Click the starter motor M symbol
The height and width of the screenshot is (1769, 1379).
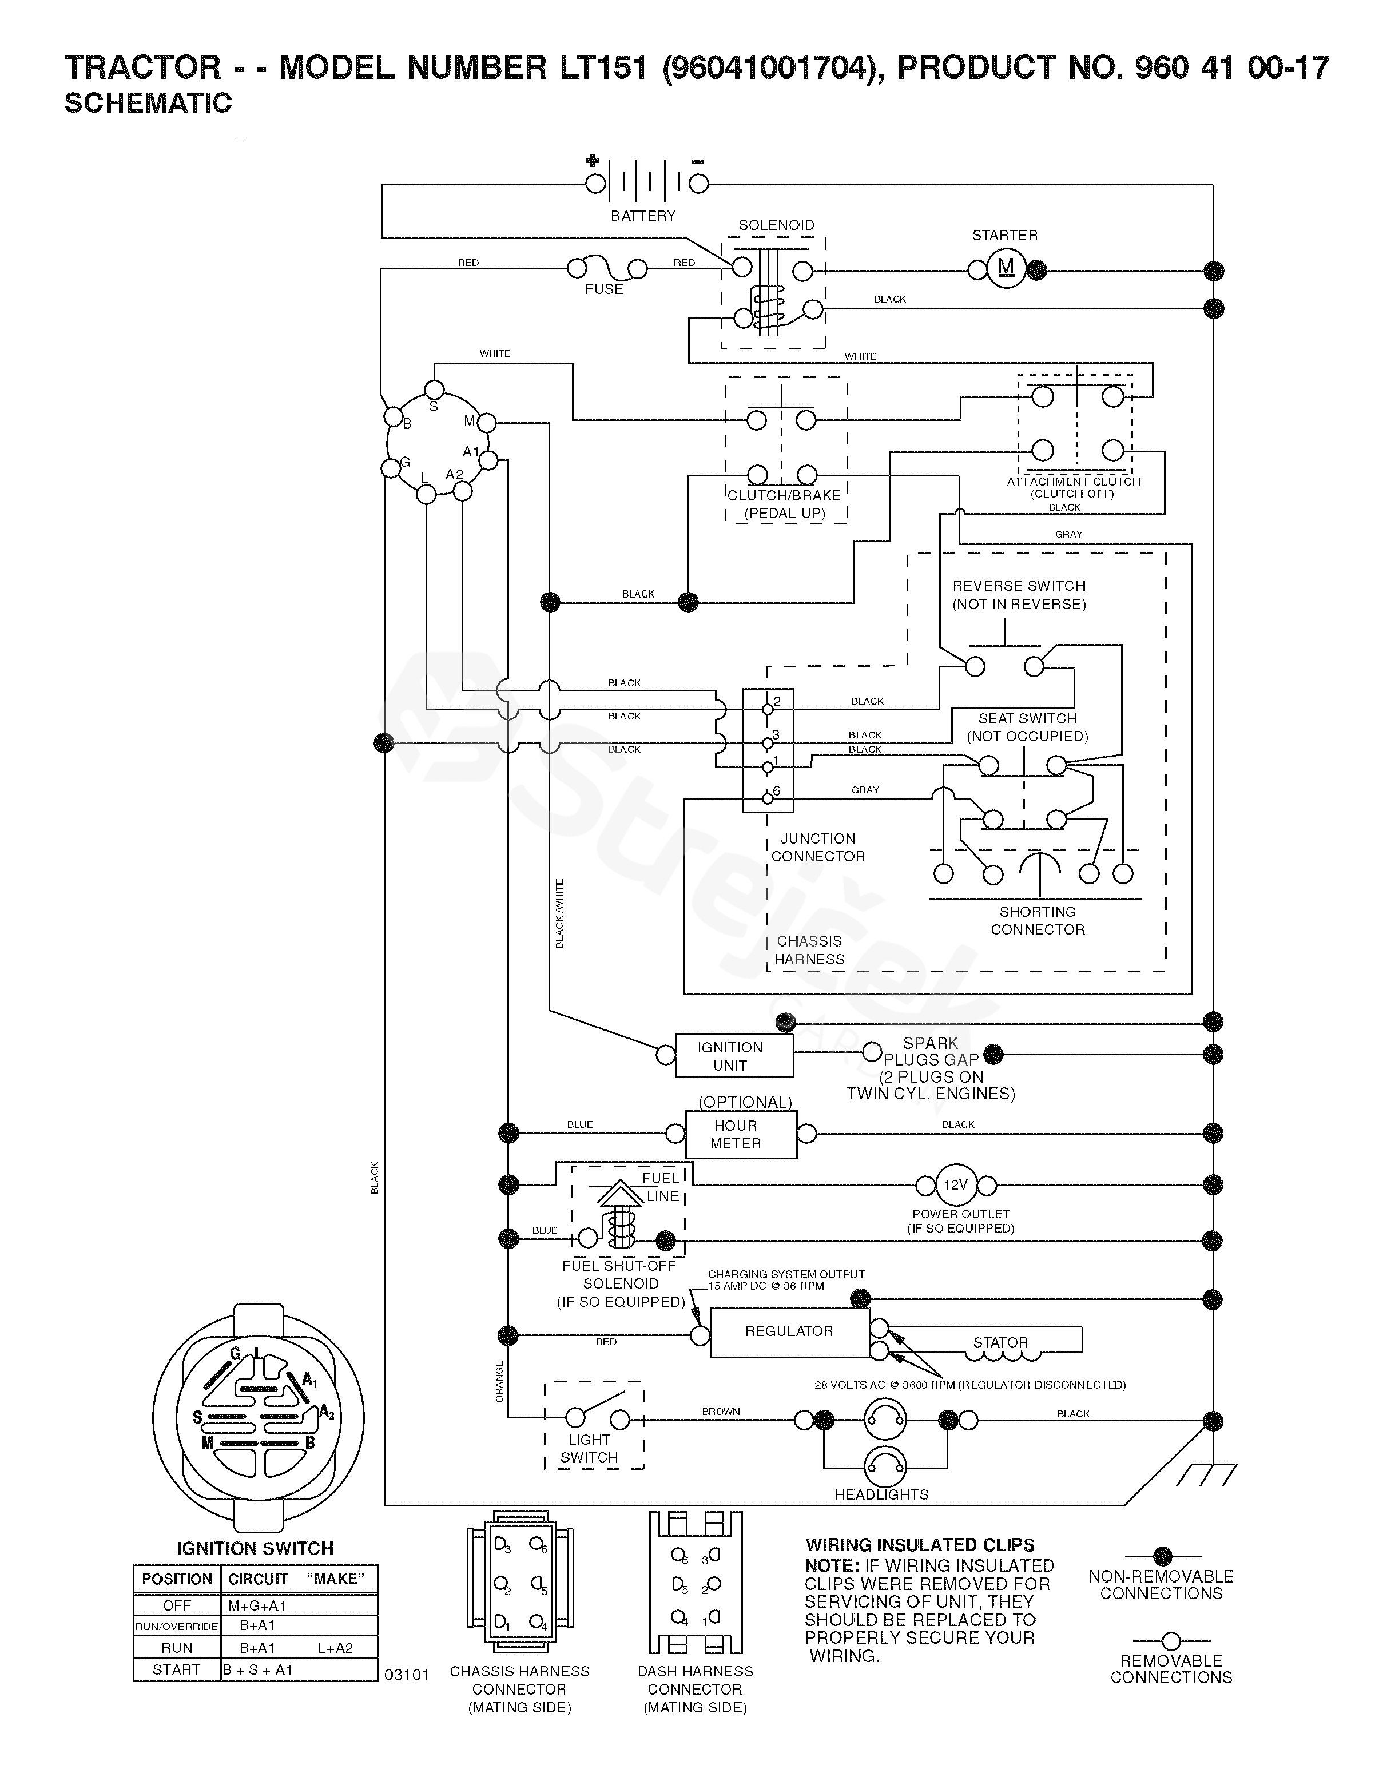coord(1006,268)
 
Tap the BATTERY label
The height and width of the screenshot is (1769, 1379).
coord(642,216)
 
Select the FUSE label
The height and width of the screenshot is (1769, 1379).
coord(603,289)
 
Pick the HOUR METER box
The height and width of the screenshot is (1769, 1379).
coord(741,1134)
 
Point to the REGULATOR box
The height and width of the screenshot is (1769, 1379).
coord(789,1331)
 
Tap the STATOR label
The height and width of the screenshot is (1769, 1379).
coord(1000,1343)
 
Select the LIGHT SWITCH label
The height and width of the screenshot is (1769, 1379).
coord(589,1448)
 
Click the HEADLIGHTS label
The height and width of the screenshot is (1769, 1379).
coord(881,1494)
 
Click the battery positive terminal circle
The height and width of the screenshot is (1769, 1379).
coord(595,184)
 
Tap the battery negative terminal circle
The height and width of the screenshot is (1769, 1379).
coord(698,184)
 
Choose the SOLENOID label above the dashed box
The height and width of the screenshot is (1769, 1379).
coord(776,225)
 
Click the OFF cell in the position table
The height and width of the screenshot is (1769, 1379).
coord(177,1605)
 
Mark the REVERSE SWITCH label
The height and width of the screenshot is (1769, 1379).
coord(1019,586)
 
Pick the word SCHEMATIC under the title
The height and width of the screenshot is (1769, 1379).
coord(148,104)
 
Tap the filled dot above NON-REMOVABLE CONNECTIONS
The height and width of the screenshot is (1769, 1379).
coord(1162,1556)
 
